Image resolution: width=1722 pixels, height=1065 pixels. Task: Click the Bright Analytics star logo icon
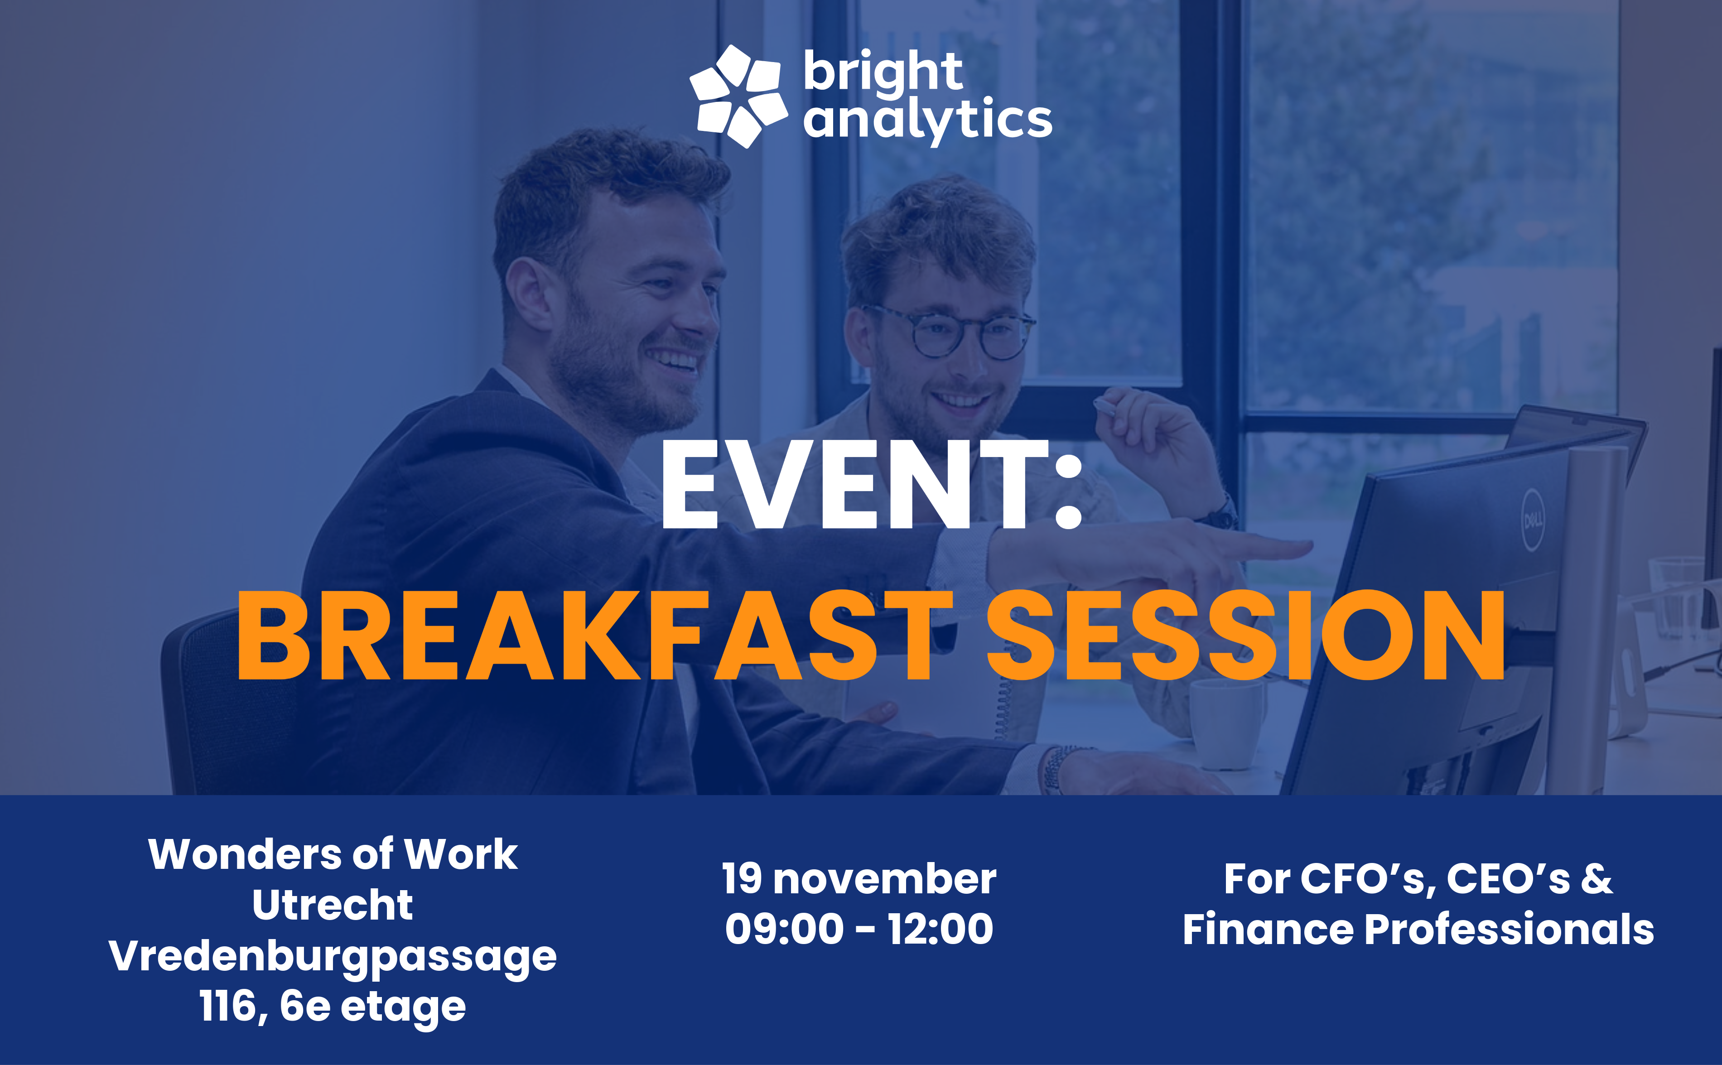pos(738,96)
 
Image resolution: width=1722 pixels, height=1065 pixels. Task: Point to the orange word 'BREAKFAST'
pos(594,636)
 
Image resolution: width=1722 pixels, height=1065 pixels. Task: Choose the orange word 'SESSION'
pos(1245,636)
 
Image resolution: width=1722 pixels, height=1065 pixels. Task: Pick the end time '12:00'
pos(940,929)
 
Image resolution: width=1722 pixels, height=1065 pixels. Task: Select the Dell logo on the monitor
pos(1533,520)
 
